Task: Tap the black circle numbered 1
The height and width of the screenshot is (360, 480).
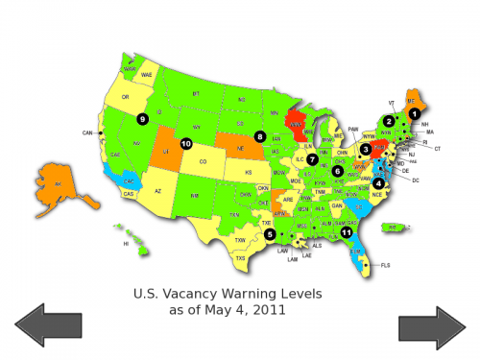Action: [415, 113]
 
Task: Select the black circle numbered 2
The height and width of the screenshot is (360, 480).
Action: [389, 121]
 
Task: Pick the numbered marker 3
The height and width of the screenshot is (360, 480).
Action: [366, 149]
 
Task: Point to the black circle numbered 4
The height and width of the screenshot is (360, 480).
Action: [379, 182]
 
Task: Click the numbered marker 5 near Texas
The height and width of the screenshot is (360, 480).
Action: [270, 233]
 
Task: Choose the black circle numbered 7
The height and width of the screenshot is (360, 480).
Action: [312, 158]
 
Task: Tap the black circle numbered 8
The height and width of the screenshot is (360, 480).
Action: [259, 136]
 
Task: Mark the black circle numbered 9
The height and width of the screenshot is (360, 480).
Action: [142, 118]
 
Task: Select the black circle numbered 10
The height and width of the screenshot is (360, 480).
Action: [186, 144]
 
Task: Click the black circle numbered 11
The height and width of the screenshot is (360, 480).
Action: [347, 231]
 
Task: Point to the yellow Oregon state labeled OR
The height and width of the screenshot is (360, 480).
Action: [126, 97]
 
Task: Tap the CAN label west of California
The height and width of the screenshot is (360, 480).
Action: [87, 132]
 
